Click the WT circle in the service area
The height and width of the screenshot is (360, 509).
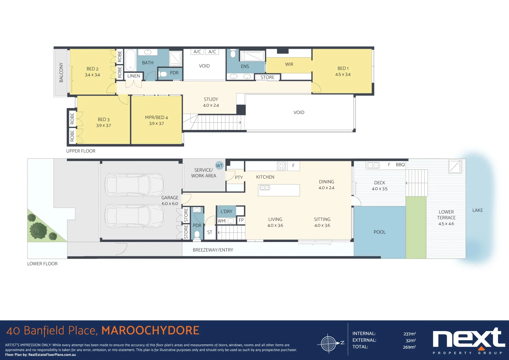pyautogui.click(x=219, y=165)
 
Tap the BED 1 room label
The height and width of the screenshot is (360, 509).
pyautogui.click(x=343, y=68)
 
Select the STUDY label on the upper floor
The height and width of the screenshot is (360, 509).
pyautogui.click(x=211, y=99)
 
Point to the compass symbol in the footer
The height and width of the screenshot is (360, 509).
pyautogui.click(x=328, y=343)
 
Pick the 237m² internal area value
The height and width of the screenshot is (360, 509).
pyautogui.click(x=410, y=334)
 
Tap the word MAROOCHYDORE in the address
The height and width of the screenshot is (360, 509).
pyautogui.click(x=150, y=331)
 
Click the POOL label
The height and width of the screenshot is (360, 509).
pyautogui.click(x=380, y=232)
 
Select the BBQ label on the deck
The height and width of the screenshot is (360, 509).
pyautogui.click(x=400, y=165)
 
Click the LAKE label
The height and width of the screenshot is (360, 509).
pyautogui.click(x=478, y=210)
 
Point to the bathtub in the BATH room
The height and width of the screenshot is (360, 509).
pyautogui.click(x=130, y=60)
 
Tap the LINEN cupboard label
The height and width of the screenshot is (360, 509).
pyautogui.click(x=134, y=76)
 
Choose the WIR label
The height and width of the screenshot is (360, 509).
pyautogui.click(x=289, y=64)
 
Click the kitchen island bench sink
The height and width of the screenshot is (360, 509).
pyautogui.click(x=265, y=188)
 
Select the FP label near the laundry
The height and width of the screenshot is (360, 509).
pyautogui.click(x=241, y=220)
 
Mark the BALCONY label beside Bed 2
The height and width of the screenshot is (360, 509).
pyautogui.click(x=61, y=72)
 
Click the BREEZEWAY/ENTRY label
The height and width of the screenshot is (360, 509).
pyautogui.click(x=213, y=250)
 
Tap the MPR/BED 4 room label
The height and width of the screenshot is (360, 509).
pyautogui.click(x=156, y=117)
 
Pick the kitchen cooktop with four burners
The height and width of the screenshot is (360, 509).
pyautogui.click(x=281, y=166)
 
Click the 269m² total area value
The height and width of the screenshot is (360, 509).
pyautogui.click(x=410, y=347)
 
